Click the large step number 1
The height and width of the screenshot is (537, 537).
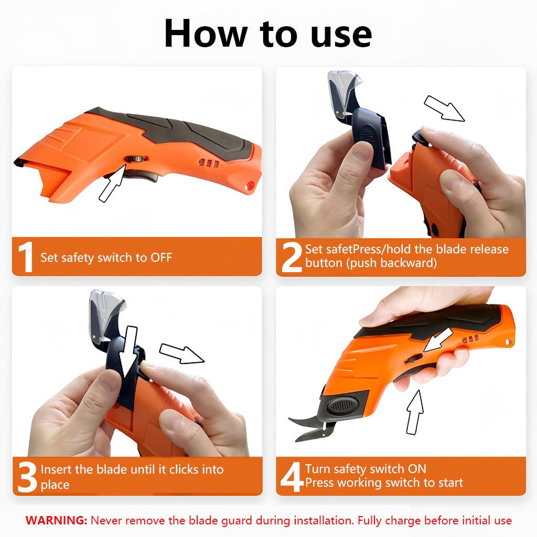(x=25, y=257)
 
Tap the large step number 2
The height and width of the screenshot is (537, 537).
(x=291, y=256)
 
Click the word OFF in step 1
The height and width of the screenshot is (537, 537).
(x=161, y=257)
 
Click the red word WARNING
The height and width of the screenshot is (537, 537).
(x=56, y=521)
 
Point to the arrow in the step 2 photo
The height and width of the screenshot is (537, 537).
(x=444, y=108)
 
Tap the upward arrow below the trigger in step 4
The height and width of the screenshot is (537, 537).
(x=415, y=411)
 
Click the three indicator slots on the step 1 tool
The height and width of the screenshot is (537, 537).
(x=208, y=164)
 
